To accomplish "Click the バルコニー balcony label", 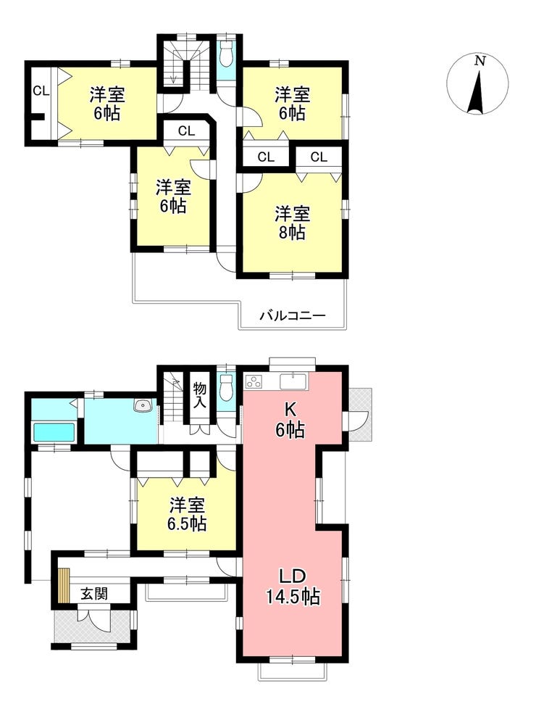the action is coord(293,315).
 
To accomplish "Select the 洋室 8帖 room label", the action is coord(292,223).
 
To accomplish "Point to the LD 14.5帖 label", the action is coord(293,587).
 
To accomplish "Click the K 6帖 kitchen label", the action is coord(290,420).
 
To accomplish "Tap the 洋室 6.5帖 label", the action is coord(188,514).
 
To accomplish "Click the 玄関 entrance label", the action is coord(94,594).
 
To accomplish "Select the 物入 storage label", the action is coord(199,394).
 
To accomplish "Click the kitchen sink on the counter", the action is coord(294,381).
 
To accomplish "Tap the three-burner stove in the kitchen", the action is coord(254,381).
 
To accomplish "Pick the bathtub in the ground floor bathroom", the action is coord(54,431).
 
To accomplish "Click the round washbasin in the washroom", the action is coord(143,405).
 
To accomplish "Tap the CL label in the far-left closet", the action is coord(41,91).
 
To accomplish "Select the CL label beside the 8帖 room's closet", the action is coord(319,157).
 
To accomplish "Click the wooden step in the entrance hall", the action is coord(64,586).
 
